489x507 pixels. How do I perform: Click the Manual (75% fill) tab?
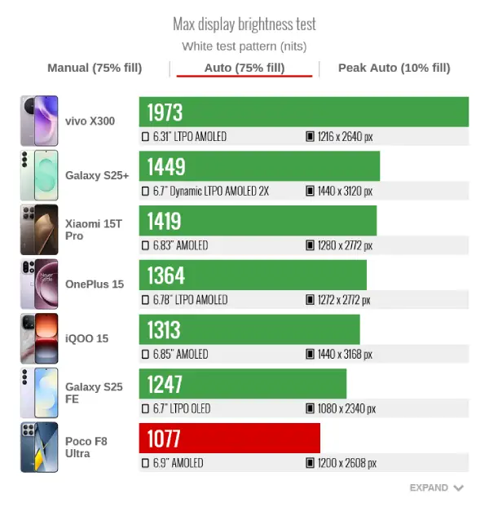pyautogui.click(x=95, y=68)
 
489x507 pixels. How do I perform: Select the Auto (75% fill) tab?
pyautogui.click(x=244, y=68)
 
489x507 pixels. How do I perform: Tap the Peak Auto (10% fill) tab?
pyautogui.click(x=394, y=68)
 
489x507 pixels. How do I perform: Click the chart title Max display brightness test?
pyautogui.click(x=244, y=24)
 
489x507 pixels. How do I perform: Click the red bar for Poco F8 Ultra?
pyautogui.click(x=230, y=439)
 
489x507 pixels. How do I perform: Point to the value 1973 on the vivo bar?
pyautogui.click(x=165, y=112)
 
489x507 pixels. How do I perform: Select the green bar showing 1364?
pyautogui.click(x=253, y=276)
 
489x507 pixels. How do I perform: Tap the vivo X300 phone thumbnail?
pyautogui.click(x=39, y=121)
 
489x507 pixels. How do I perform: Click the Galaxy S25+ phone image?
pyautogui.click(x=39, y=175)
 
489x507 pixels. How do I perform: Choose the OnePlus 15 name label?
pyautogui.click(x=95, y=284)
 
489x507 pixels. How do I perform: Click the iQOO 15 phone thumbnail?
pyautogui.click(x=39, y=338)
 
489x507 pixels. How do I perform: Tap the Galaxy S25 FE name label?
pyautogui.click(x=94, y=392)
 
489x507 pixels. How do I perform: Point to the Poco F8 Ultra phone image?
pyautogui.click(x=39, y=447)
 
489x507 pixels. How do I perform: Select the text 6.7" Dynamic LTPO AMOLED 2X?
pyautogui.click(x=210, y=192)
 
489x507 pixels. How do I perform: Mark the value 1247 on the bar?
pyautogui.click(x=165, y=384)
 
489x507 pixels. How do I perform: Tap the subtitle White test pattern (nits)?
pyautogui.click(x=244, y=46)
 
